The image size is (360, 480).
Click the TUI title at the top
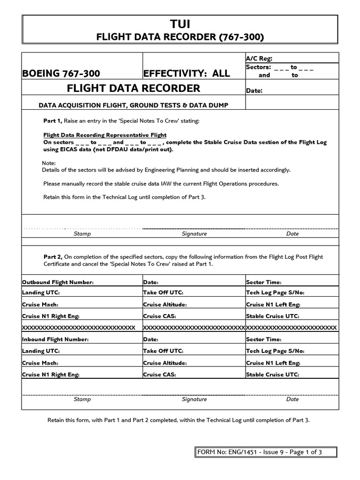tap(180, 24)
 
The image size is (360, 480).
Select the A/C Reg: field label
tap(259, 59)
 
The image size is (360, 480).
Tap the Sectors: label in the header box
tap(258, 67)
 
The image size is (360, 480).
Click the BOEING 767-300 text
tap(61, 73)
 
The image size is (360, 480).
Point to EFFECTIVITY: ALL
tap(187, 73)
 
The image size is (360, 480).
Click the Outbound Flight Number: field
tap(58, 282)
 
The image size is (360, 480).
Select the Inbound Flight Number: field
tap(55, 339)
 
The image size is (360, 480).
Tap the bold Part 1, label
tap(53, 121)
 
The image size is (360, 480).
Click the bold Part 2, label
tap(53, 257)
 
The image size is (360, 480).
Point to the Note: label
tap(48, 163)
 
